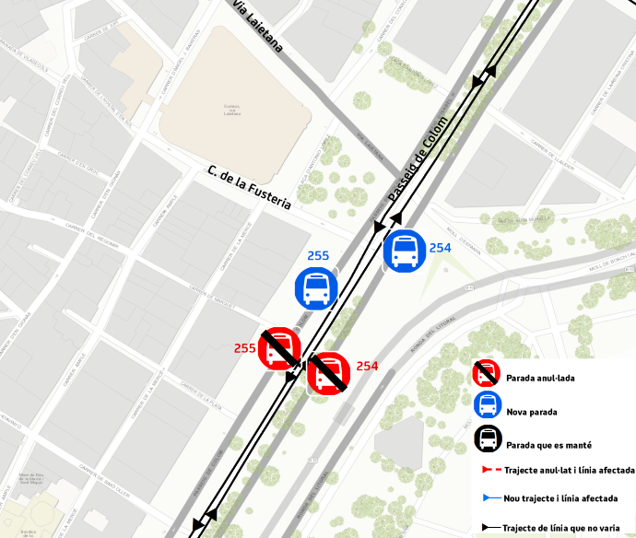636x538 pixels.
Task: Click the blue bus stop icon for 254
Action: pos(404,251)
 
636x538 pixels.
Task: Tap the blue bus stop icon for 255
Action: pos(316,288)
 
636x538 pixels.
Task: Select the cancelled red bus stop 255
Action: pos(278,349)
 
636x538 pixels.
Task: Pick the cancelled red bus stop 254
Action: pos(327,374)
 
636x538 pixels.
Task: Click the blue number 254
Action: pos(440,248)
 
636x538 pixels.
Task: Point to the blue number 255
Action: pos(318,255)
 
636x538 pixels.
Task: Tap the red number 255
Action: pos(244,348)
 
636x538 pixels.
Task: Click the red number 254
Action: pos(367,367)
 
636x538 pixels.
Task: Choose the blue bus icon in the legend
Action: pos(487,406)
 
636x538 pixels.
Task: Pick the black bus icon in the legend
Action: pos(488,439)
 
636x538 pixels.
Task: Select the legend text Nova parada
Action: pos(531,412)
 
